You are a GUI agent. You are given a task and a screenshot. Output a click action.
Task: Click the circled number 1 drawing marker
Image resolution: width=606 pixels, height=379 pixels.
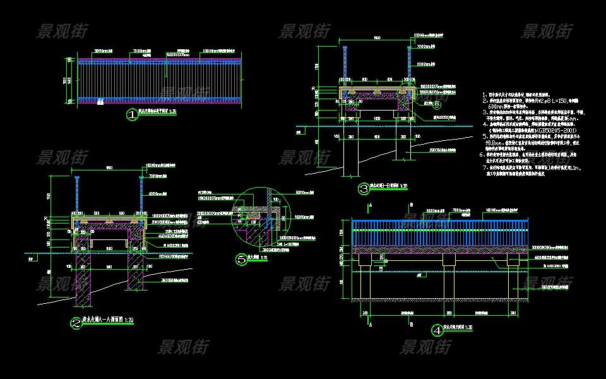132,115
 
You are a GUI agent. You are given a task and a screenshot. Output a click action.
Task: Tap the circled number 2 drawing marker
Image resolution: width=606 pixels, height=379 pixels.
76,323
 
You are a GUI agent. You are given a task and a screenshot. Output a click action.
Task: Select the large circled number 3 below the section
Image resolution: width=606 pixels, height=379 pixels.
364,188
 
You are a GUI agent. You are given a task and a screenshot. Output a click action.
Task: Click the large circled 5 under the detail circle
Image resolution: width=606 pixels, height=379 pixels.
241,259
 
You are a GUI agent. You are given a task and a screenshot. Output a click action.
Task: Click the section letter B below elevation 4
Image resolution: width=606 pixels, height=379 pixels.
412,325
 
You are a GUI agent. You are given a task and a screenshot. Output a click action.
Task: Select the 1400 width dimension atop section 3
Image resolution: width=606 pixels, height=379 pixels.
377,39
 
